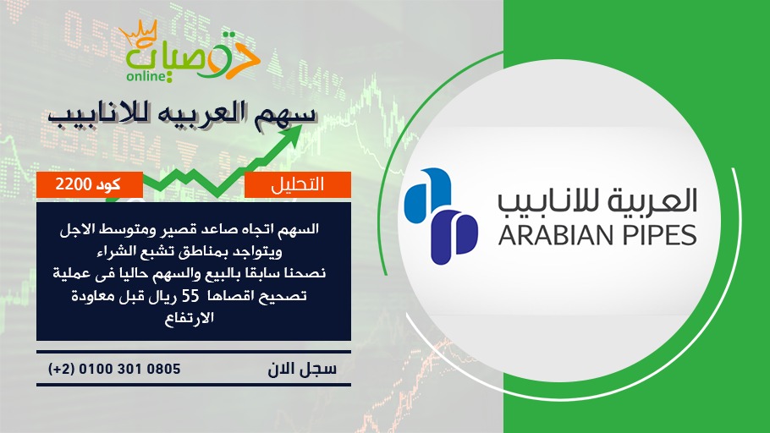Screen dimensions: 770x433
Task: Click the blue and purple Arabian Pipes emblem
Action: (x=441, y=216)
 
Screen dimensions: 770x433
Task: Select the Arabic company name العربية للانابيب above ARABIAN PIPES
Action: (x=597, y=201)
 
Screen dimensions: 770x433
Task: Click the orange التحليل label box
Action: (x=298, y=184)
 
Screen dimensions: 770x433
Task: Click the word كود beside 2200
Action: (x=108, y=184)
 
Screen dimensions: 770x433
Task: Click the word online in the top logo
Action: (x=146, y=76)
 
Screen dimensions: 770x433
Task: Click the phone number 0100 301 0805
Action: (x=129, y=369)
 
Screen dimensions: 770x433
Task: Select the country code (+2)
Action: (x=62, y=369)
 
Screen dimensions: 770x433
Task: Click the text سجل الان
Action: (x=302, y=370)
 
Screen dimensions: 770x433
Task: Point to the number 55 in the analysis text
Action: (x=190, y=296)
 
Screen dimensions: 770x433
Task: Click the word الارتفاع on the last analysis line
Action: (x=189, y=318)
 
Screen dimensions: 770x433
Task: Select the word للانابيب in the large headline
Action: (x=97, y=115)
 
